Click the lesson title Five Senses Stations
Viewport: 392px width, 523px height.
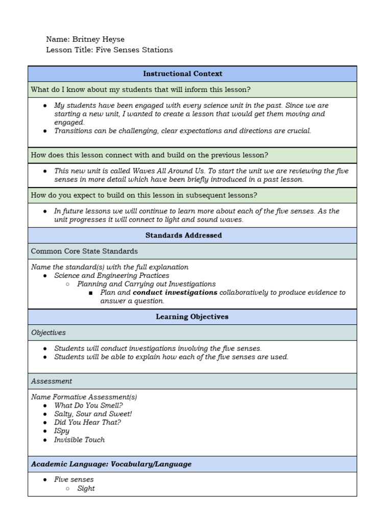coord(134,50)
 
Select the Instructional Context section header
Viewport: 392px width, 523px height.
coord(182,74)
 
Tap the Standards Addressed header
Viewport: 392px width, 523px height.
coord(183,235)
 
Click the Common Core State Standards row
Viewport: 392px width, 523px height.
coord(84,251)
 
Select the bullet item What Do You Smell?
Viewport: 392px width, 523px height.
coord(88,406)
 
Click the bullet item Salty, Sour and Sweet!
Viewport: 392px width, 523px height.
coord(93,414)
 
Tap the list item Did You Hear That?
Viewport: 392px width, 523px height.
coord(87,423)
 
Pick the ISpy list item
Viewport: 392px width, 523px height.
coord(62,431)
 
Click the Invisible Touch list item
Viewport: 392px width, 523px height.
coord(79,440)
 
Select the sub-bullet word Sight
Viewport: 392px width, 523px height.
coord(86,488)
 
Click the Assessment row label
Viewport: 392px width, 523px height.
coord(52,381)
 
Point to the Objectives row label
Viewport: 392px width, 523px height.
coord(48,332)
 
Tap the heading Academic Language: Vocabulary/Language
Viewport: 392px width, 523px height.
coord(111,464)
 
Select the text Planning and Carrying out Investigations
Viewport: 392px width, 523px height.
coord(146,284)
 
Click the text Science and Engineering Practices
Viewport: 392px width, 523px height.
coord(112,276)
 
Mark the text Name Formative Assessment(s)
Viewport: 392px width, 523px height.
coord(84,397)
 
